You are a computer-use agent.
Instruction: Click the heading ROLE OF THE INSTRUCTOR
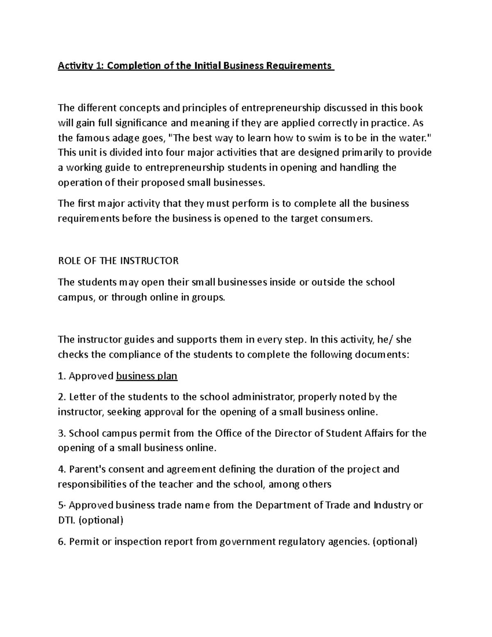118,261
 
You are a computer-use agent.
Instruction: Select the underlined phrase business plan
147,376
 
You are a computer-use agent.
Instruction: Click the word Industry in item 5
392,505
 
